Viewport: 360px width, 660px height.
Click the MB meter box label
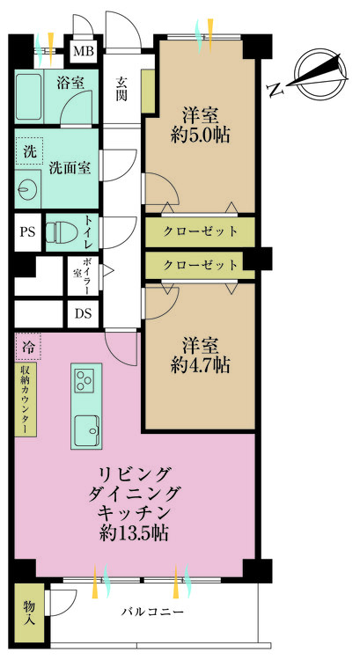pos(84,51)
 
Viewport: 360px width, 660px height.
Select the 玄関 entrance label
pos(122,90)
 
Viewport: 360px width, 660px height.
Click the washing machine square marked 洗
pos(27,150)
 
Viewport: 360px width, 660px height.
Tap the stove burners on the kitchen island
pos(85,382)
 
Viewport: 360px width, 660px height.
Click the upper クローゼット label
pos(201,231)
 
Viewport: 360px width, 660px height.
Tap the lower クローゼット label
pos(201,264)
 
